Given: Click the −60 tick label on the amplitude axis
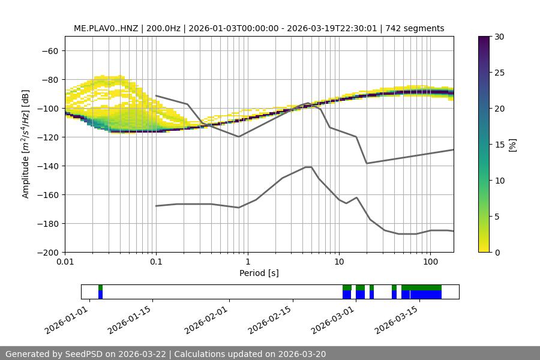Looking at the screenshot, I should [x=49, y=50].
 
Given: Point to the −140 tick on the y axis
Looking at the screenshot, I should [x=49, y=166].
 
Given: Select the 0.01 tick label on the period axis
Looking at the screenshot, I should [x=65, y=262].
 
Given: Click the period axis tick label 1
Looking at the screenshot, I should [x=247, y=262].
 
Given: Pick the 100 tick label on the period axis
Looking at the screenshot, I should [x=430, y=262].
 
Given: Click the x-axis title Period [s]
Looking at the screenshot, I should [x=259, y=273].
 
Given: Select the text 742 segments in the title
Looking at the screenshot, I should [x=415, y=28].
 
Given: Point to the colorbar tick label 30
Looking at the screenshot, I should [x=499, y=37].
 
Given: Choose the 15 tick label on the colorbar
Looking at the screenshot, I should [x=499, y=145].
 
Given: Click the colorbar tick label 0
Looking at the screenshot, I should [x=497, y=252].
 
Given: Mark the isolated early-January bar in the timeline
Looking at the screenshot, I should [x=101, y=292].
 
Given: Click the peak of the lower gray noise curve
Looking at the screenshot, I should [x=308, y=167].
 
